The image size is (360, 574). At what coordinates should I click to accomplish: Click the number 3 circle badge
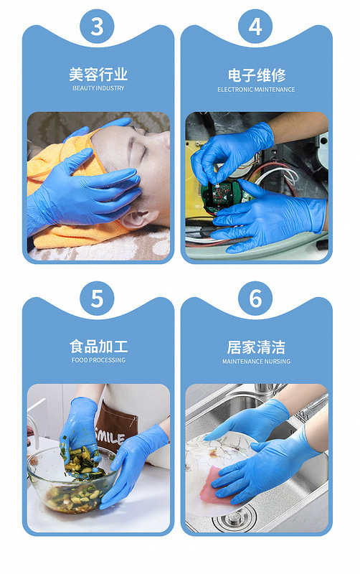(x=97, y=27)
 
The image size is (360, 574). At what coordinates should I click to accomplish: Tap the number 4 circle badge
(x=255, y=27)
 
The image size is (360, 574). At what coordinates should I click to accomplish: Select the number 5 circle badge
(x=97, y=298)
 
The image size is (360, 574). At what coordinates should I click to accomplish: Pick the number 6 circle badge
(x=255, y=298)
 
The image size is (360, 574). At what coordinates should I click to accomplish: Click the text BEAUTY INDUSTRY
(x=98, y=88)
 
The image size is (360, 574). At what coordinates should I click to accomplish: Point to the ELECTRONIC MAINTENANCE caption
(x=256, y=90)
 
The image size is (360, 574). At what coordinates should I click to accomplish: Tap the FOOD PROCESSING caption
(x=98, y=360)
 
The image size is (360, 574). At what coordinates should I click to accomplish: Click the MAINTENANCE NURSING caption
(x=256, y=362)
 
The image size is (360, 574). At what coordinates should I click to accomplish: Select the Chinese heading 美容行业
(x=98, y=75)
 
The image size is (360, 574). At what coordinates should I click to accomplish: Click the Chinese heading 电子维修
(x=257, y=75)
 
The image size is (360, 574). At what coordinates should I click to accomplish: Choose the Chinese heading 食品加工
(x=98, y=347)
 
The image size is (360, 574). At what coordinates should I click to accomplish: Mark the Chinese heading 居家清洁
(x=256, y=347)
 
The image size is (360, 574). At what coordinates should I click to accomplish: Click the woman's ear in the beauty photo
(x=135, y=217)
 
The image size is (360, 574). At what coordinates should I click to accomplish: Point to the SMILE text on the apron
(x=110, y=435)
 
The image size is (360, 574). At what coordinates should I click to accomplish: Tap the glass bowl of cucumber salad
(x=72, y=479)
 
